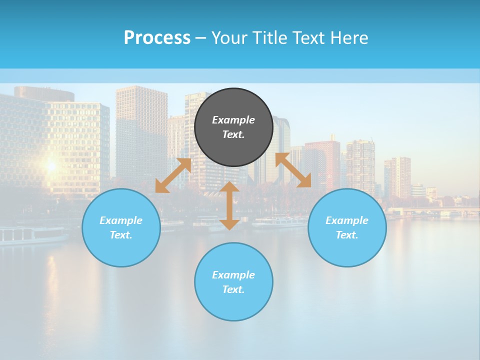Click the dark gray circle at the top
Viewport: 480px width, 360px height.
point(233,127)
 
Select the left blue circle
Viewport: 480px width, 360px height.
point(121,227)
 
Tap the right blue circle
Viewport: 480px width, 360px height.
point(347,227)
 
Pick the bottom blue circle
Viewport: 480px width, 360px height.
point(233,282)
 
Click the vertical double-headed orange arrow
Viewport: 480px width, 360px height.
point(229,205)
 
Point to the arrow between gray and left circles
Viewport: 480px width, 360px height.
point(173,175)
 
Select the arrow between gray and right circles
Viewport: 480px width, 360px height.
point(293,170)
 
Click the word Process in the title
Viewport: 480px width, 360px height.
point(157,38)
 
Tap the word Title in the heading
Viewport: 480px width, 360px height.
point(271,38)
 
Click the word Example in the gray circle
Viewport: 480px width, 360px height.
point(233,120)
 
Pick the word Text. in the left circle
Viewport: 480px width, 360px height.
point(121,235)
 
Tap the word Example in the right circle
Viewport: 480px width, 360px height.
point(347,220)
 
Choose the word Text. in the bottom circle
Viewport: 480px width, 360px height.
point(233,289)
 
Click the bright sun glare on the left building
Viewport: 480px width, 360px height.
point(50,165)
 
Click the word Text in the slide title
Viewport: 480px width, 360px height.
point(305,38)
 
